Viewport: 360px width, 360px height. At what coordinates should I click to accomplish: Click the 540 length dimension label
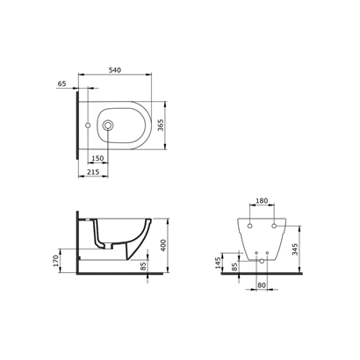point(115,70)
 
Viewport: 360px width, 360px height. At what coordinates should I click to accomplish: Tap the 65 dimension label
point(61,83)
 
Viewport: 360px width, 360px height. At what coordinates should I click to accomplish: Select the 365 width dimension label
point(161,125)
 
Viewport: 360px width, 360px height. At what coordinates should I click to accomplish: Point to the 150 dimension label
point(97,158)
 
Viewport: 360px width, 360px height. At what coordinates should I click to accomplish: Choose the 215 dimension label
point(93,172)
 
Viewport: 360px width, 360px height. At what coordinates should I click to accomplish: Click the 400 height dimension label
point(163,245)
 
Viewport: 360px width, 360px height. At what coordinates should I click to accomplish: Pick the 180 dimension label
point(262,201)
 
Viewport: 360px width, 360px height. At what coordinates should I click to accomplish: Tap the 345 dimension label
point(295,249)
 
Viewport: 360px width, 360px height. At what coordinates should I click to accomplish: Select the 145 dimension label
point(218,263)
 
